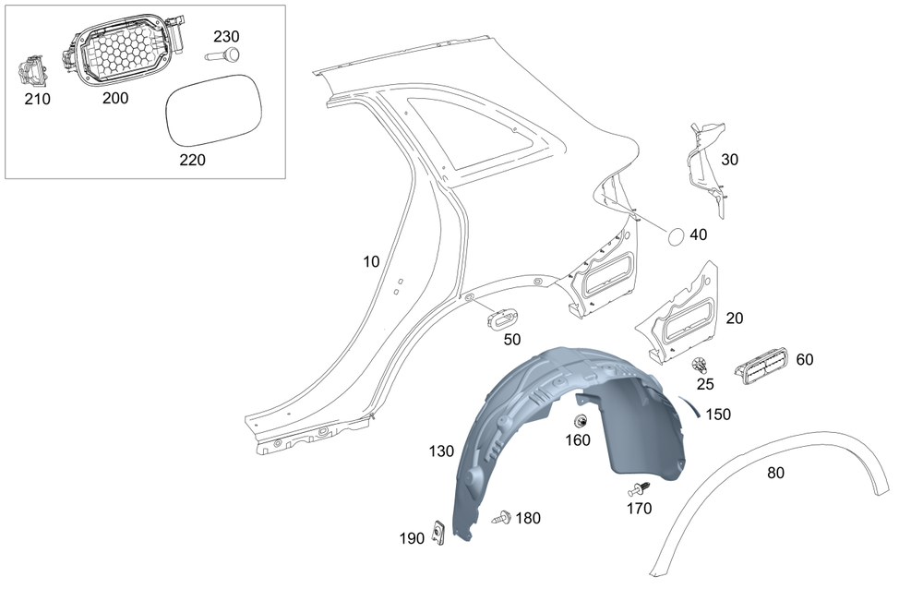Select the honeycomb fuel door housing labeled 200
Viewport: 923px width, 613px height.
pyautogui.click(x=125, y=54)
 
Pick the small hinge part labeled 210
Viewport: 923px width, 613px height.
pyautogui.click(x=34, y=73)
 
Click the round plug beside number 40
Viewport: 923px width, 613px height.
pyautogui.click(x=676, y=236)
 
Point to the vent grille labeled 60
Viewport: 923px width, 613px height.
pyautogui.click(x=761, y=366)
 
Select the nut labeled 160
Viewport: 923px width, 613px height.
pyautogui.click(x=581, y=422)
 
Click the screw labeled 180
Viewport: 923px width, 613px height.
pyautogui.click(x=502, y=518)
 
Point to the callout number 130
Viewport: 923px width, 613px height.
pyautogui.click(x=441, y=451)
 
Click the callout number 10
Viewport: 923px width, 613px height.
pyautogui.click(x=370, y=262)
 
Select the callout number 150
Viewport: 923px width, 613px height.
pyautogui.click(x=718, y=415)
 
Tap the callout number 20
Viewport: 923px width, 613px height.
pyautogui.click(x=735, y=319)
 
